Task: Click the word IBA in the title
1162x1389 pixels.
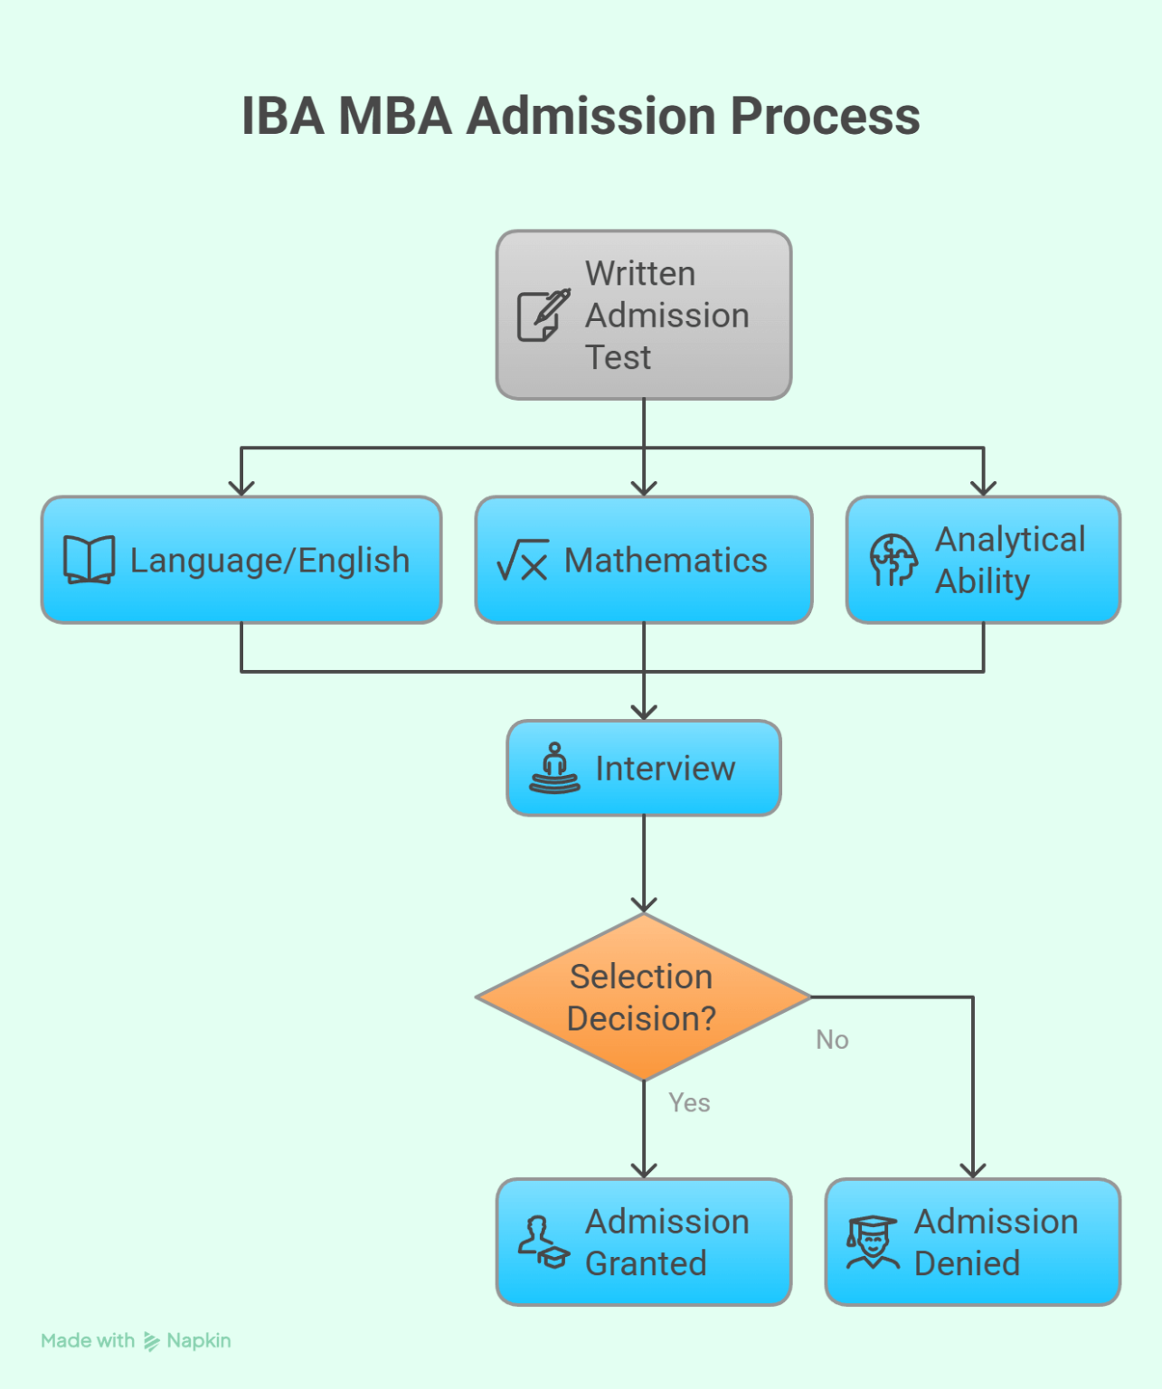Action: point(282,117)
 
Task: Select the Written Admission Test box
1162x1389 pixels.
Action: point(644,315)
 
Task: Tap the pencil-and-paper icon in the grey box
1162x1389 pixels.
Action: point(543,316)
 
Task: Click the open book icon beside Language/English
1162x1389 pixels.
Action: point(89,560)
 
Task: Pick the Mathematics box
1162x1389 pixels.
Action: point(644,560)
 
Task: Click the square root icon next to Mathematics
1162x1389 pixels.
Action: point(523,560)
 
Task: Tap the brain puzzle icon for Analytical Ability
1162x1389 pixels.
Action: point(893,560)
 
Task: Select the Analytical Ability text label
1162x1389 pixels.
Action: point(1009,560)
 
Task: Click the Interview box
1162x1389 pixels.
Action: point(644,768)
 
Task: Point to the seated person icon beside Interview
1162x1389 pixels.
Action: point(554,769)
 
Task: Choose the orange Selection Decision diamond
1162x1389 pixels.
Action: point(642,997)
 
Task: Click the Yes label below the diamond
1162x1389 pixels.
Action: point(689,1102)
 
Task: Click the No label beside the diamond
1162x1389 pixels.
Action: point(832,1040)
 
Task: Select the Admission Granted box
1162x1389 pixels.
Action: point(644,1242)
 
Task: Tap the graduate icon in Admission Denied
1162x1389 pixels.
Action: point(872,1243)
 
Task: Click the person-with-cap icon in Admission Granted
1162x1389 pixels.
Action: point(543,1243)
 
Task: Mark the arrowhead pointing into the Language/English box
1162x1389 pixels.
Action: point(241,487)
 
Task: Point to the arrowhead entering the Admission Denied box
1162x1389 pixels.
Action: point(973,1169)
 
